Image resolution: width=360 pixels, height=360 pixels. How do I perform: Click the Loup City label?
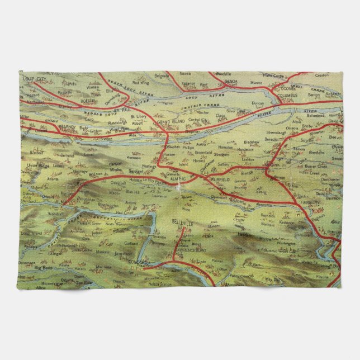point(35,79)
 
